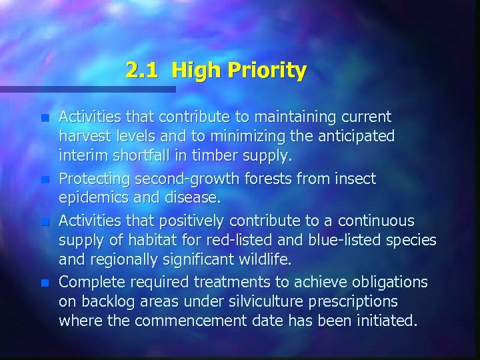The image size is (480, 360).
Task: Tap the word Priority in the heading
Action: (267, 71)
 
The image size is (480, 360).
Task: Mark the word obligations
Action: (389, 282)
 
